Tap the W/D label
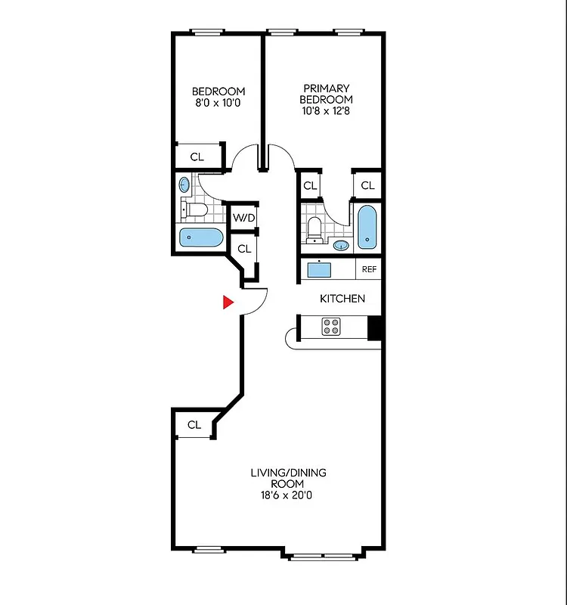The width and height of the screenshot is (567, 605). coord(243,219)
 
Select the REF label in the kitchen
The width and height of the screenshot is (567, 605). coord(369,269)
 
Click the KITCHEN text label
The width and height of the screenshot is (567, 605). coord(342,299)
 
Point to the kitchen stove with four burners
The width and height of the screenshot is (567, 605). coord(331,326)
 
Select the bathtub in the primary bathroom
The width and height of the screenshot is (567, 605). coord(367,226)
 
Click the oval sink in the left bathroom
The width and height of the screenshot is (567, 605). coord(184,185)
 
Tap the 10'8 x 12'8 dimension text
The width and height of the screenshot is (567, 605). coord(326,110)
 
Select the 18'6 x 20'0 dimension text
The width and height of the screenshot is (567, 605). coord(288,495)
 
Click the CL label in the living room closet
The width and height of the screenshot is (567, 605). coord(194,425)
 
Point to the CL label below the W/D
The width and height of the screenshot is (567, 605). coord(243,248)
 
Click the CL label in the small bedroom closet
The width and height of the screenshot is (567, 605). coord(197,157)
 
